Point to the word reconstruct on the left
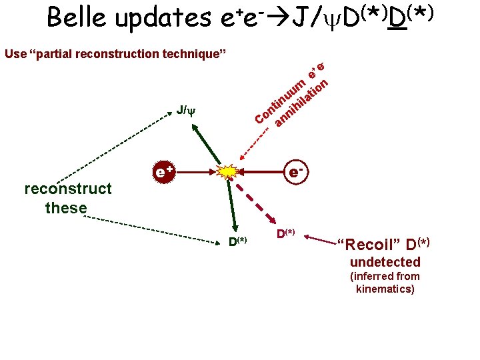(x=67, y=189)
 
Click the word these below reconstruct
(x=67, y=208)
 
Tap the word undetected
(x=385, y=262)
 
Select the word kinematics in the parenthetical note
(x=385, y=289)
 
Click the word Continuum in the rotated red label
(x=281, y=101)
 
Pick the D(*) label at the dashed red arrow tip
(x=286, y=233)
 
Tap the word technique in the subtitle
(x=191, y=53)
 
